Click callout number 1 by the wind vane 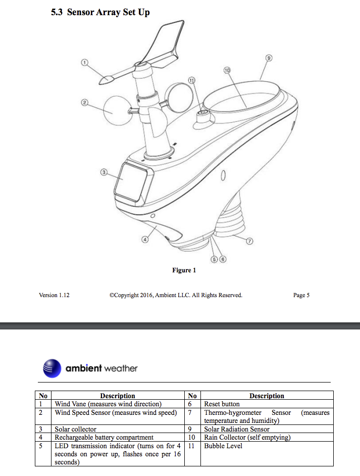[x=85, y=62]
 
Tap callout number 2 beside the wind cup [x=85, y=103]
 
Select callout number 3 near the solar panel [x=104, y=172]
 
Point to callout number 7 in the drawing [x=249, y=241]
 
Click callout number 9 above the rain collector [x=269, y=58]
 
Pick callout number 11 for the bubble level [x=191, y=80]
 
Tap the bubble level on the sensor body [x=204, y=115]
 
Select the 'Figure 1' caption [x=184, y=270]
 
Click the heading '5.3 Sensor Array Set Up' [x=100, y=12]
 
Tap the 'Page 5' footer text [x=301, y=295]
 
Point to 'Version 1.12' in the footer [x=54, y=295]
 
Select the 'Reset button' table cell [x=222, y=404]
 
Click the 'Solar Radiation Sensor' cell [x=236, y=429]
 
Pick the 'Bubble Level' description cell [x=223, y=446]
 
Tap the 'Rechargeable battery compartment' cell [x=104, y=437]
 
